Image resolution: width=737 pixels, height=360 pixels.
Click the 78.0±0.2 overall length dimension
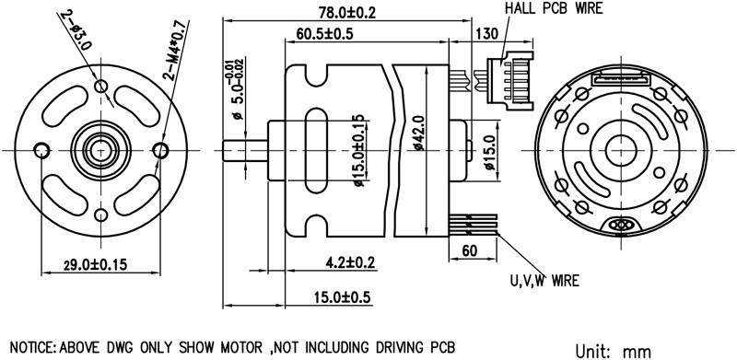[347, 12]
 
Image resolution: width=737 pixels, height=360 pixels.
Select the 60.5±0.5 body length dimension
[325, 34]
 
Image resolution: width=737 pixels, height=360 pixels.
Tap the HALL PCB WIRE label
[554, 8]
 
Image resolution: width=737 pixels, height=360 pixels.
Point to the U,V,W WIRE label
[544, 281]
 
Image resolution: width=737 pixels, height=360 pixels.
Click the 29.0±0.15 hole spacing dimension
[96, 264]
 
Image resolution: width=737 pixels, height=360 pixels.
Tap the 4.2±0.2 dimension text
[352, 261]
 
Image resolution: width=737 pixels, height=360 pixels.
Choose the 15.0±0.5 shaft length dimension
[343, 297]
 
